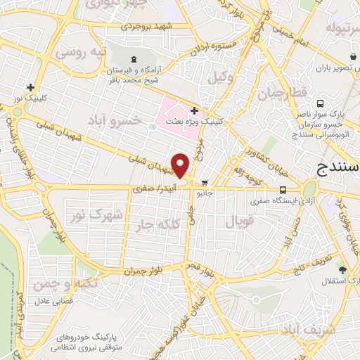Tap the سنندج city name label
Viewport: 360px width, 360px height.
(x=334, y=169)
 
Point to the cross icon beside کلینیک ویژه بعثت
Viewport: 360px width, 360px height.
(x=194, y=110)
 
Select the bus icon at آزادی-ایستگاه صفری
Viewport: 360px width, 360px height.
(x=283, y=190)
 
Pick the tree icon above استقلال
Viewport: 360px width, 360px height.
(x=342, y=269)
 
